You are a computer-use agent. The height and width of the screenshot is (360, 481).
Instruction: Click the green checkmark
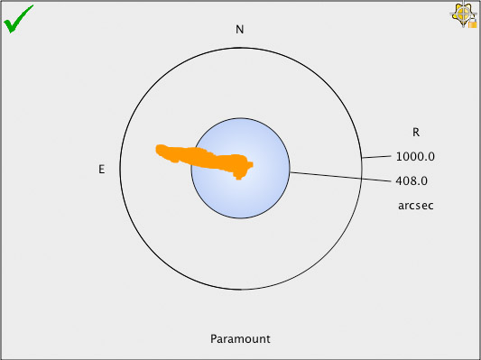(x=18, y=18)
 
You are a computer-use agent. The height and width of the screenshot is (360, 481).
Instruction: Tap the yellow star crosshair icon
(x=461, y=13)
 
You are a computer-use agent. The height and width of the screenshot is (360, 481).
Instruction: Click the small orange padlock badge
(x=472, y=23)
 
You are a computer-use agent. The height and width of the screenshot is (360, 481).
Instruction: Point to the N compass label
(x=240, y=30)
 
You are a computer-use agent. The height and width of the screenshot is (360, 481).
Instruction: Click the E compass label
(x=102, y=169)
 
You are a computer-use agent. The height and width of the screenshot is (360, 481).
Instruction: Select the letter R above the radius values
(x=415, y=131)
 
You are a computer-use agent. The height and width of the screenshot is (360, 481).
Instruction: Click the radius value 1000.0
(x=415, y=156)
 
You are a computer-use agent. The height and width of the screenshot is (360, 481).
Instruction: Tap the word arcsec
(x=416, y=206)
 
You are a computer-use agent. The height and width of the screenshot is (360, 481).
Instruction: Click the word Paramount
(x=240, y=339)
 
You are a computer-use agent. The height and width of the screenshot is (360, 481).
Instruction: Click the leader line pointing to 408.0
(x=341, y=177)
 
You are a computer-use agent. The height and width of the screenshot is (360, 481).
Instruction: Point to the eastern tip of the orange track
(x=158, y=148)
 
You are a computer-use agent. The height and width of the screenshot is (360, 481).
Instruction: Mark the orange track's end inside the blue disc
(x=250, y=164)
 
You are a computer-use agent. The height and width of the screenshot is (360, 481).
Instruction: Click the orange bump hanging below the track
(x=239, y=176)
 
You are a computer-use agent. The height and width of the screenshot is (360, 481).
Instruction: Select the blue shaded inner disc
(x=240, y=194)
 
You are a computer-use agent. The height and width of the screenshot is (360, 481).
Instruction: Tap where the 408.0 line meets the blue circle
(x=289, y=171)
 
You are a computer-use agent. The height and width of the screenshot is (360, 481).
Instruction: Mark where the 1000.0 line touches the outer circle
(x=362, y=159)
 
